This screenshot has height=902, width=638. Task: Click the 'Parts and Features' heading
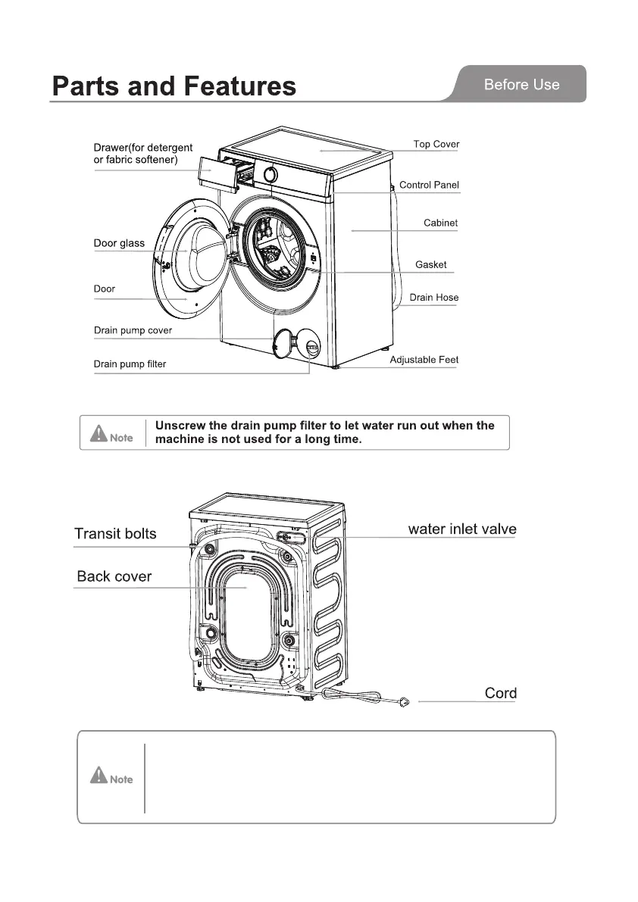[174, 86]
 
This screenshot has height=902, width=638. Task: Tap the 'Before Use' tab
[521, 85]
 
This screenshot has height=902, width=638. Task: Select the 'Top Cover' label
[436, 144]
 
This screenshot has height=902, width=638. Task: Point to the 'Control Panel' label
[429, 185]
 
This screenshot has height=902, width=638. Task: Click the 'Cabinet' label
[440, 223]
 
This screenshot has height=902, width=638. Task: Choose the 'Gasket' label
[430, 264]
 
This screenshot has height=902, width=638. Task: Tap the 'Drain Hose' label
[433, 298]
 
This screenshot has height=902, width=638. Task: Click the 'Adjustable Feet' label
[424, 360]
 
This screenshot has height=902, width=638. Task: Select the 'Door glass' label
[119, 244]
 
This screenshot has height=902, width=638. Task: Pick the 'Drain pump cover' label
[133, 330]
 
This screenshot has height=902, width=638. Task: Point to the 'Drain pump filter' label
[130, 364]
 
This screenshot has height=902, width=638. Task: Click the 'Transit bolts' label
[115, 534]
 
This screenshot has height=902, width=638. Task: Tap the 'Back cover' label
[114, 577]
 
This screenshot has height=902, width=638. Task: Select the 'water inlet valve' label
[461, 529]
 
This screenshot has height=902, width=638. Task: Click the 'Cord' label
[500, 693]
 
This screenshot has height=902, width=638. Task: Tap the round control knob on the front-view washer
[268, 173]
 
